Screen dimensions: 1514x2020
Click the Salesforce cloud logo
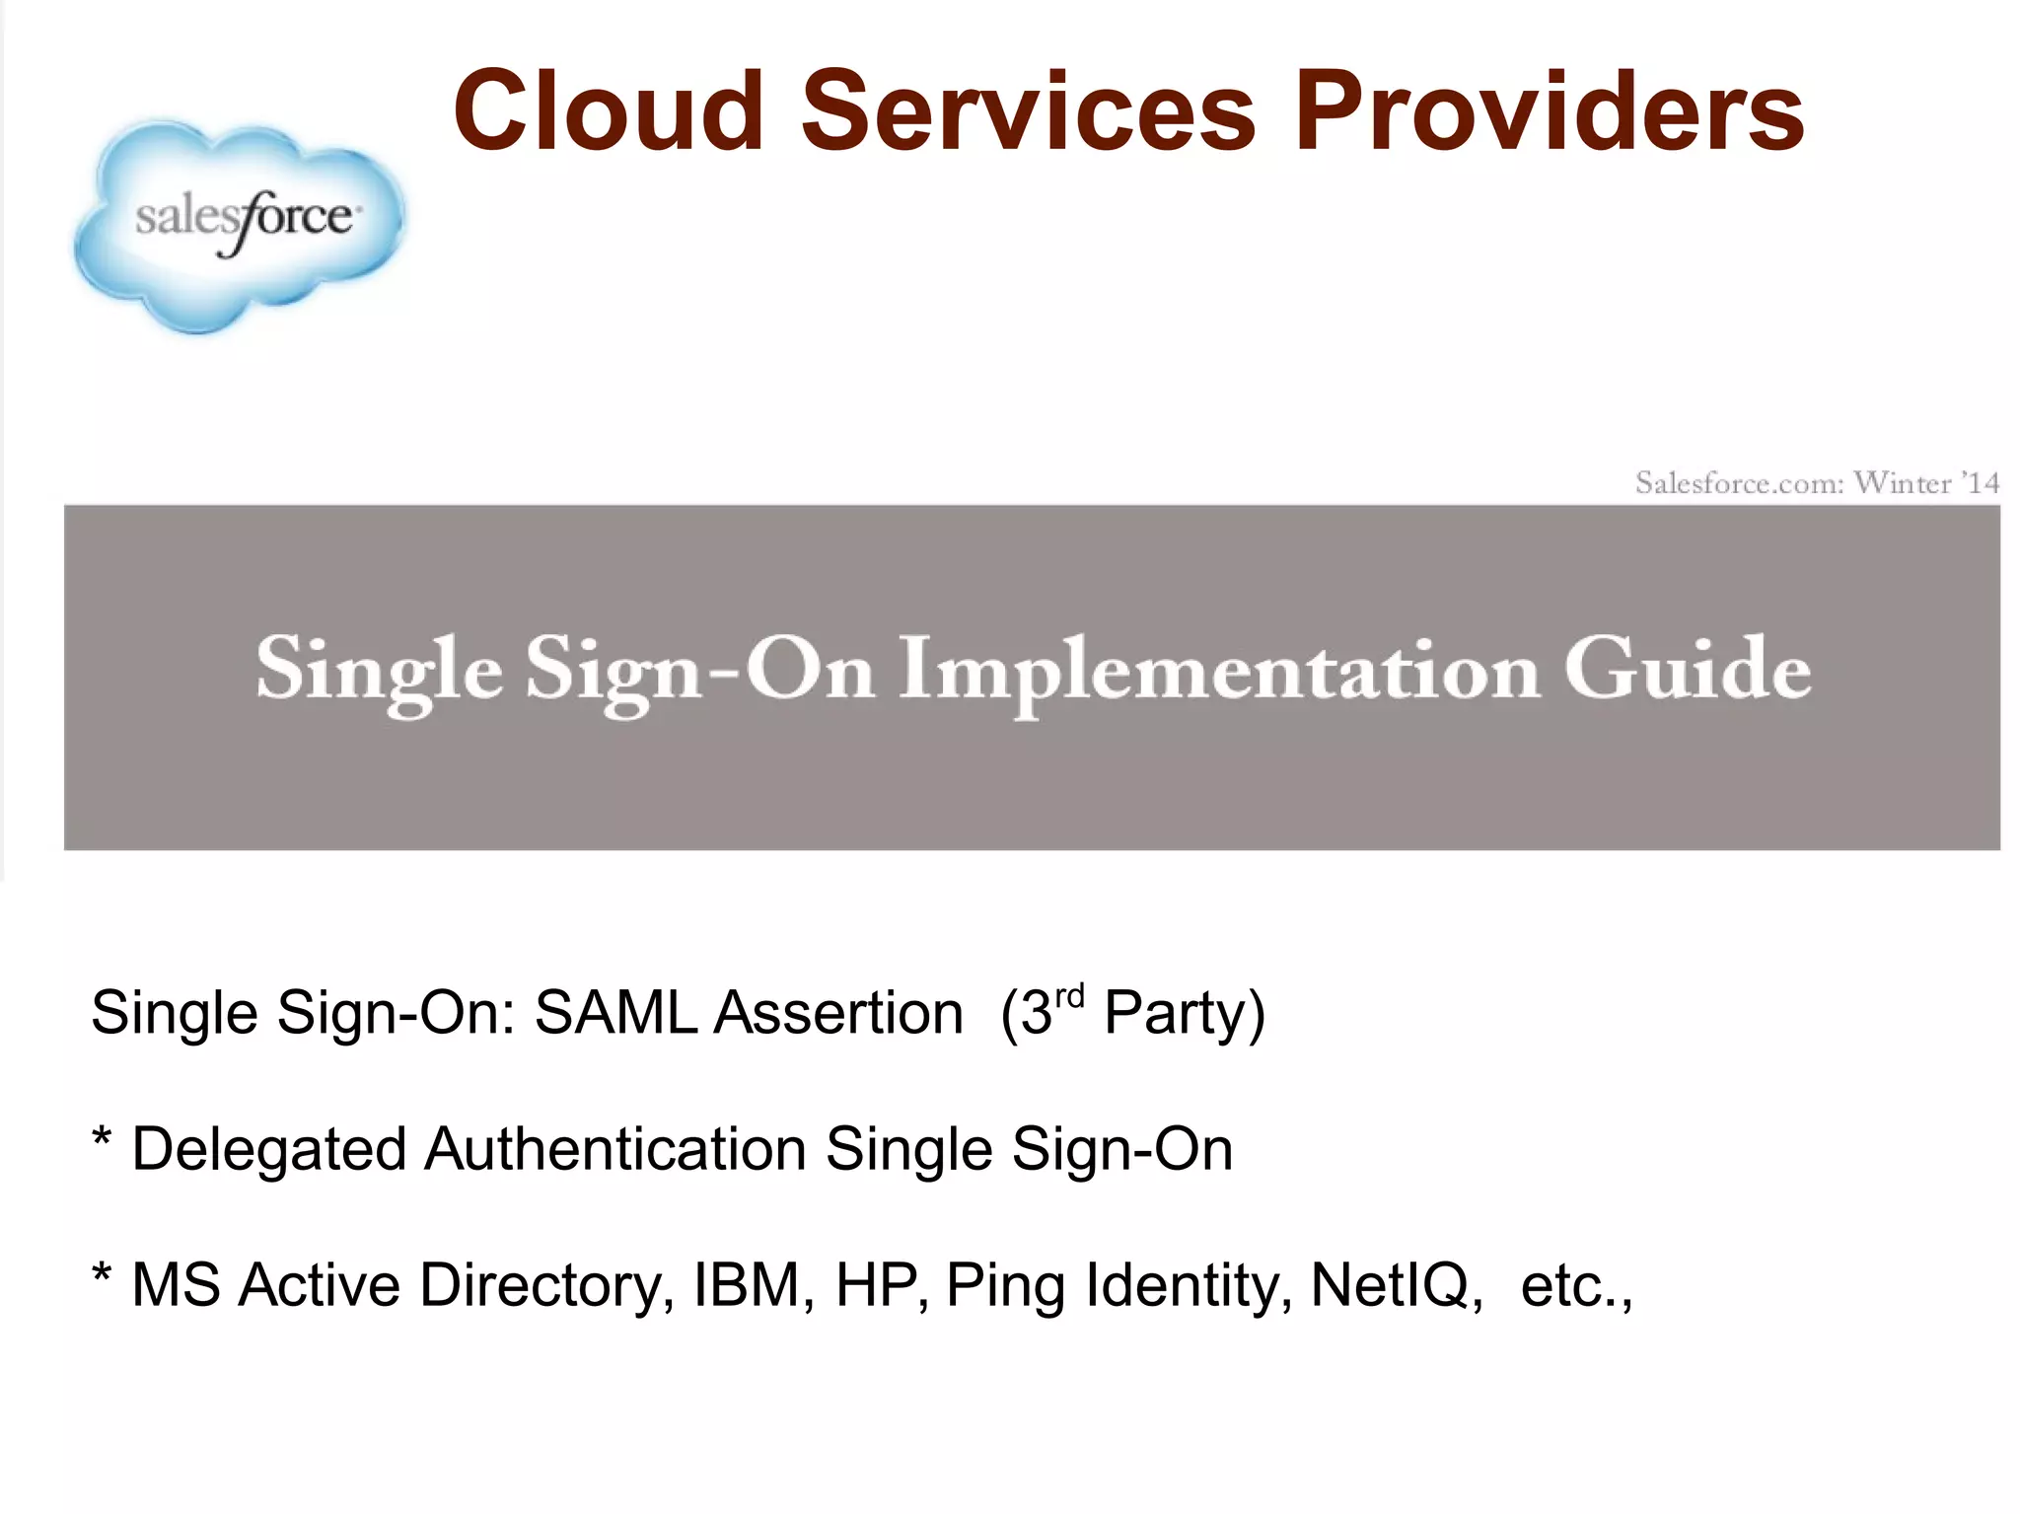pos(240,225)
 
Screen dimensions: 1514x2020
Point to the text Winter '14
pos(1926,483)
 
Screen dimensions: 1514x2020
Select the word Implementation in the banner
pos(1219,672)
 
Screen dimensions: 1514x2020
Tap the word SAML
pos(615,1013)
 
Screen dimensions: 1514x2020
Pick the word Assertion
pos(838,1013)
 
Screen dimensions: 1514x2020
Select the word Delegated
pos(268,1150)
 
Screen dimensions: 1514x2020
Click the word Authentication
pos(615,1149)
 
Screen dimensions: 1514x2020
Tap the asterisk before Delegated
pos(101,1139)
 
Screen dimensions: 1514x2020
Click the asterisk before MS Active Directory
pos(101,1274)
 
